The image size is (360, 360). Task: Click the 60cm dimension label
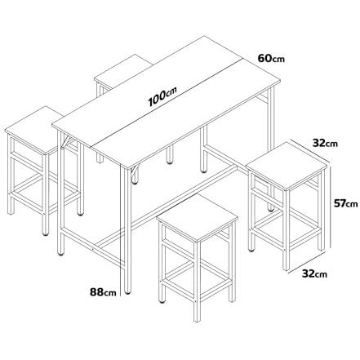point(271,58)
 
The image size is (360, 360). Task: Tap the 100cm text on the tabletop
point(162,96)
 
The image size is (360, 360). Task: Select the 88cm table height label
point(103,292)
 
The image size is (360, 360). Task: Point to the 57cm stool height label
point(346,203)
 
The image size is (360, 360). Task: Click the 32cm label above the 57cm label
point(325,143)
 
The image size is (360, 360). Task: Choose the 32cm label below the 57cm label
point(314,273)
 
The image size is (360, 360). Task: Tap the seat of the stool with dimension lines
point(286,166)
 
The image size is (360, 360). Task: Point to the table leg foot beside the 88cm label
point(127,292)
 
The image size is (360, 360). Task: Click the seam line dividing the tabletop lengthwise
point(166,102)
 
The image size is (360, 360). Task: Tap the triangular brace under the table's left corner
point(66,141)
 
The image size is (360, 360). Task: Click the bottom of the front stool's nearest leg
point(197,320)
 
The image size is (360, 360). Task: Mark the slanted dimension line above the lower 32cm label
point(308,261)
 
